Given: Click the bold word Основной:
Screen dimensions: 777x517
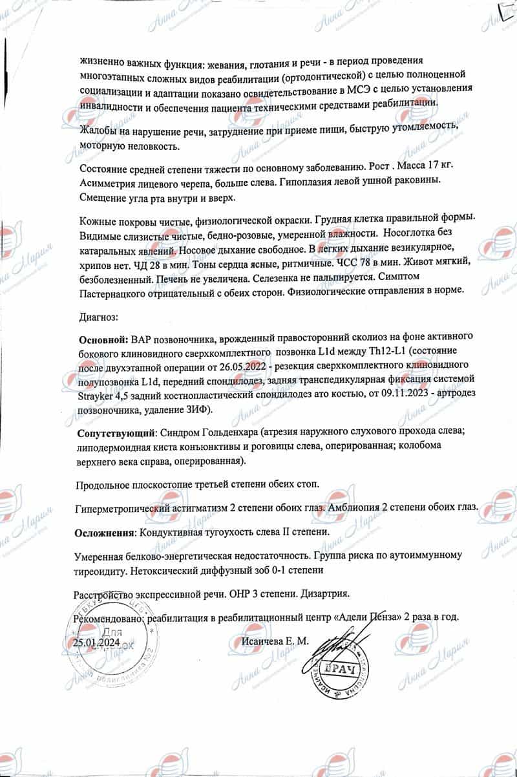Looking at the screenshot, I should pyautogui.click(x=103, y=339).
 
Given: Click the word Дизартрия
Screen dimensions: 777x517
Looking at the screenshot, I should pyautogui.click(x=325, y=593).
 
